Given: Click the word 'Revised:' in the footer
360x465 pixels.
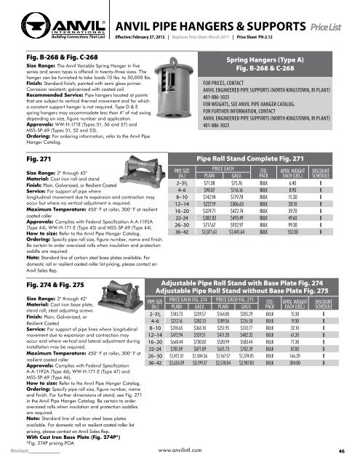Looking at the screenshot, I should point(15,451).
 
